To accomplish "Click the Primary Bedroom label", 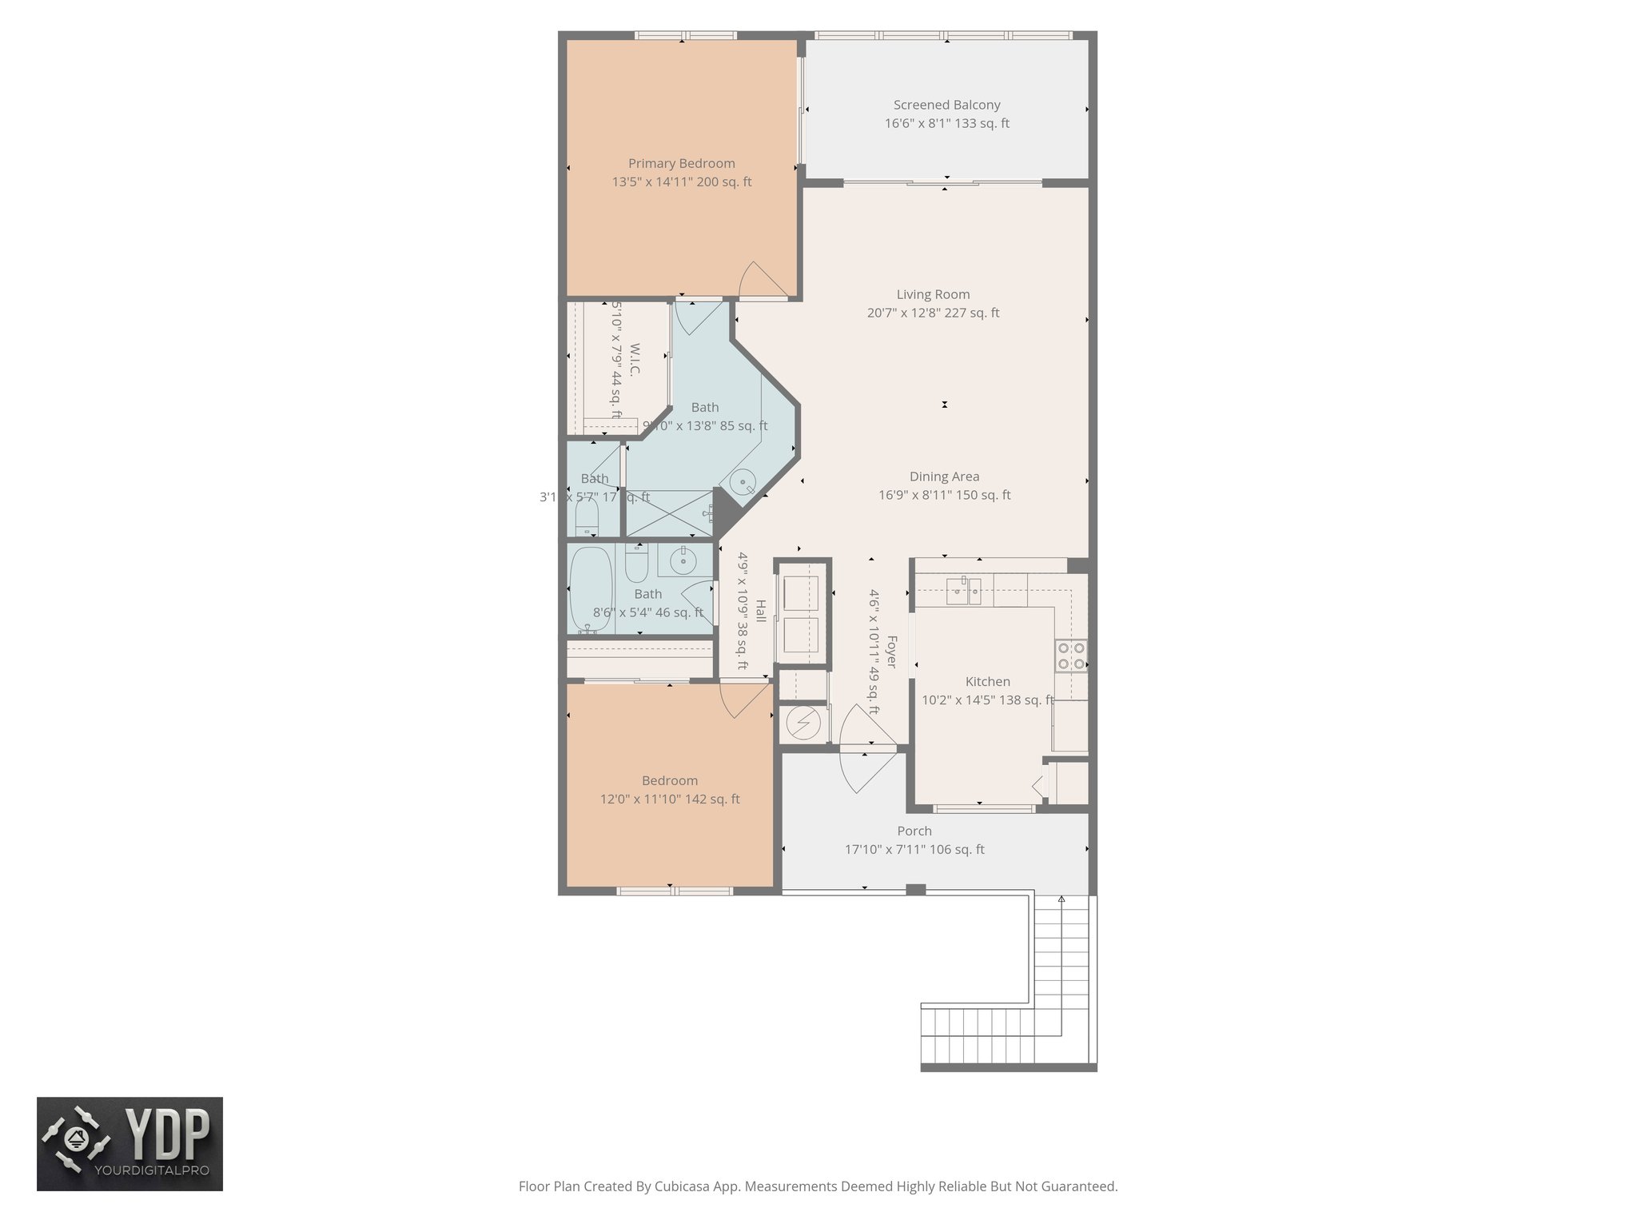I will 681,163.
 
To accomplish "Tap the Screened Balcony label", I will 946,105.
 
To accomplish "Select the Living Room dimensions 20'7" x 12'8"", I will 933,313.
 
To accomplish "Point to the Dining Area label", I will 944,476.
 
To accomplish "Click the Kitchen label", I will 987,682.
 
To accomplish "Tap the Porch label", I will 914,831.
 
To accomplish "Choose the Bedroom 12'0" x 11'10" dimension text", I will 670,799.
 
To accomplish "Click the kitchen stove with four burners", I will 1071,656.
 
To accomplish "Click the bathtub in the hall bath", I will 591,589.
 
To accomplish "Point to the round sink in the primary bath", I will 743,483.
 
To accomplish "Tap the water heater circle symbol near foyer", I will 803,724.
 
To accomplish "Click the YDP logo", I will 129,1143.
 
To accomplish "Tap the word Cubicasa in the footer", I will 685,1186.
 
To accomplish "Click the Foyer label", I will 892,652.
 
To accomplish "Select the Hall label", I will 760,612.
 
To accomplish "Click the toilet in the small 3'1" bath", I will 586,521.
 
